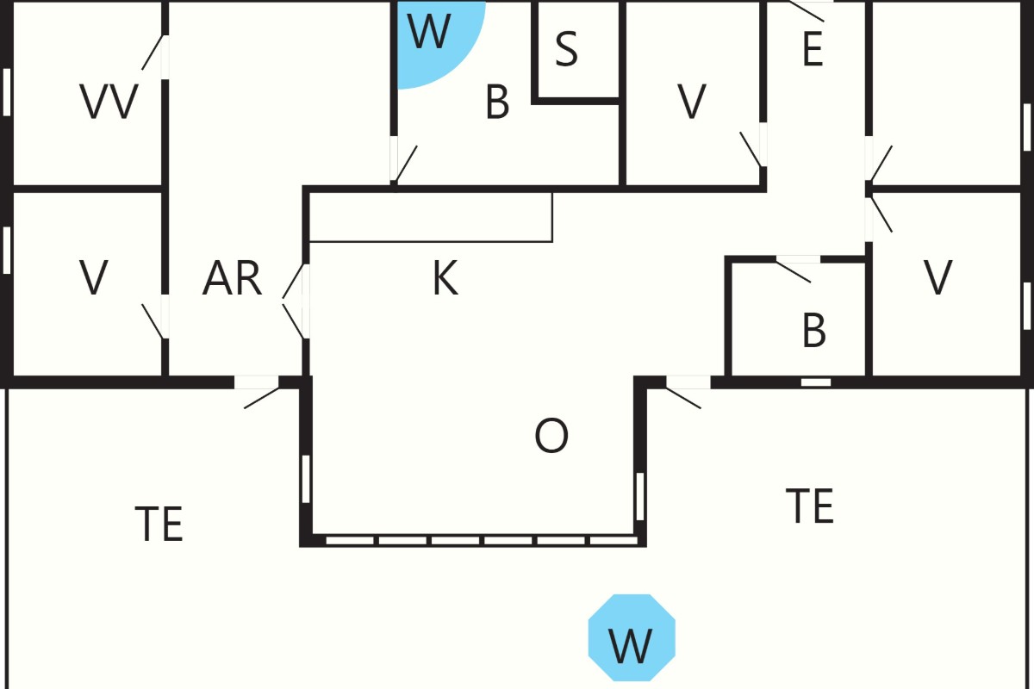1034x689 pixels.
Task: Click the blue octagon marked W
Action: (632, 638)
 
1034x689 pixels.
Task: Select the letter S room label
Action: (566, 48)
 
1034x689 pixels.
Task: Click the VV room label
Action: (109, 101)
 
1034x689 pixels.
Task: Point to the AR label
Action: (232, 278)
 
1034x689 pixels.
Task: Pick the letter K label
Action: (445, 278)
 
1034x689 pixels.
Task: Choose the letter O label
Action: (551, 436)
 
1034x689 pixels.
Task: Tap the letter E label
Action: (813, 49)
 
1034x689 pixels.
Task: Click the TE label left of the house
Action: (159, 524)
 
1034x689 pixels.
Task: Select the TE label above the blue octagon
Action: (810, 506)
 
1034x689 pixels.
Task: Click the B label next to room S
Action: (497, 102)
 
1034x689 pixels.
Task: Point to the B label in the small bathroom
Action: (813, 331)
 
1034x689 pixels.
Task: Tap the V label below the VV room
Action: (94, 278)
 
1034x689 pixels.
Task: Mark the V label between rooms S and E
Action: (692, 102)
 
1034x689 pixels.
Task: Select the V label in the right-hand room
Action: (937, 278)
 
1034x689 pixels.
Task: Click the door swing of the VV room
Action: (153, 53)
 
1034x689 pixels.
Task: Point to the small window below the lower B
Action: (816, 382)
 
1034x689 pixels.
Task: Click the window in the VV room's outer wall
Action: (7, 92)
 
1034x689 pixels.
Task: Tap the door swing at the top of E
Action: (807, 11)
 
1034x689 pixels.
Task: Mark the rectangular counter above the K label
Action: (431, 217)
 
